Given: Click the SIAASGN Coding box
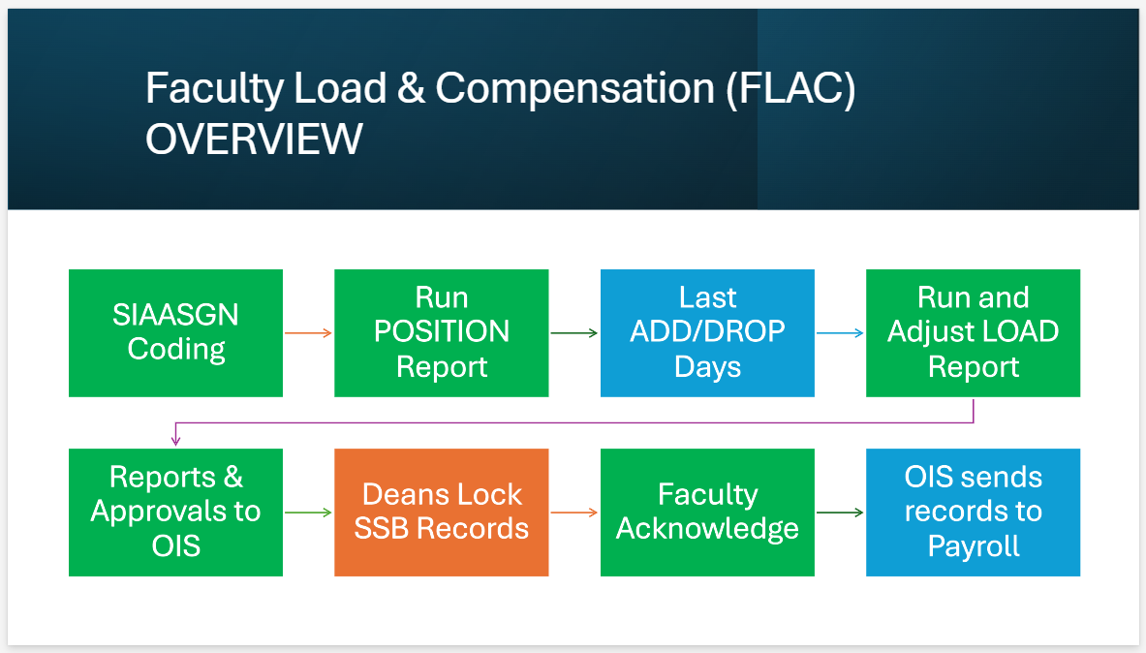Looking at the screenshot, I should pyautogui.click(x=175, y=332).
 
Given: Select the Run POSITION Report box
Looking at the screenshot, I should pyautogui.click(x=441, y=332).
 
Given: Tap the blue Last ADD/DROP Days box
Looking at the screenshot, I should pyautogui.click(x=707, y=332).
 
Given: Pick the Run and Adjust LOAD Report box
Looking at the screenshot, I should pyautogui.click(x=973, y=332).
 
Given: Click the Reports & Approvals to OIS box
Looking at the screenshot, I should pyautogui.click(x=175, y=512).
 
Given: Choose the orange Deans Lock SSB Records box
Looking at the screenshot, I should pyautogui.click(x=441, y=512).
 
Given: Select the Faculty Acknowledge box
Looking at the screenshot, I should pyautogui.click(x=707, y=512).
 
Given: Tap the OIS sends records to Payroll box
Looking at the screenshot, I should pyautogui.click(x=973, y=512).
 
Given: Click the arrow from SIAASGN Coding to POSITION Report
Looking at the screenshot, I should pyautogui.click(x=308, y=333).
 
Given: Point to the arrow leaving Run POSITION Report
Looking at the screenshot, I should pyautogui.click(x=573, y=333).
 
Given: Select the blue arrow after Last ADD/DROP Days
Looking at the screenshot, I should pyautogui.click(x=840, y=333).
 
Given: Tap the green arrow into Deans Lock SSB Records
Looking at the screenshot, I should pyautogui.click(x=308, y=513).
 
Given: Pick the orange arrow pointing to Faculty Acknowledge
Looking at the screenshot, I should pyautogui.click(x=573, y=513).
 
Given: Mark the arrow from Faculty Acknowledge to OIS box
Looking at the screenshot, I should pyautogui.click(x=840, y=513).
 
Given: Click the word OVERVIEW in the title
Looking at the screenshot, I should pyautogui.click(x=254, y=140).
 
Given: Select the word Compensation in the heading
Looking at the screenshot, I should pyautogui.click(x=574, y=89).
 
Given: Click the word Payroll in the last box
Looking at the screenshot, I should pyautogui.click(x=974, y=545).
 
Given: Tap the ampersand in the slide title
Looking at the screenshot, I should pyautogui.click(x=411, y=89).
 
